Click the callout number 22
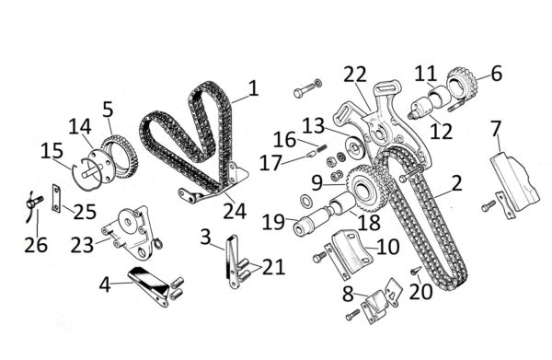coord(355,75)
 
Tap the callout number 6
coord(496,74)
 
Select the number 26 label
coord(36,245)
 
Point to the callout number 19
coord(273,222)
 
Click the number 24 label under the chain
coord(235,211)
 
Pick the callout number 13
coord(314,126)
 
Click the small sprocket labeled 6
coord(462,84)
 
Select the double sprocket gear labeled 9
coord(366,189)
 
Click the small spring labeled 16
coord(323,148)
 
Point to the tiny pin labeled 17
coord(311,154)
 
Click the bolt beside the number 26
coord(35,203)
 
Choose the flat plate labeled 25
coord(56,199)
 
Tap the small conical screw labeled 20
coord(415,271)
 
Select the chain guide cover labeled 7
coord(514,181)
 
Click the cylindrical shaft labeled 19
coord(312,221)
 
